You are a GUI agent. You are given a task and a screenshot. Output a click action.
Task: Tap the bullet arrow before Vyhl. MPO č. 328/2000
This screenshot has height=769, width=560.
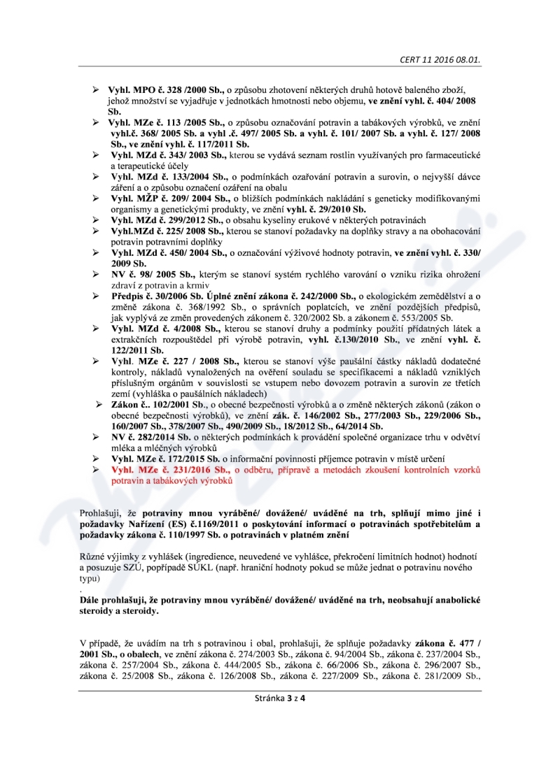[96, 92]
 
